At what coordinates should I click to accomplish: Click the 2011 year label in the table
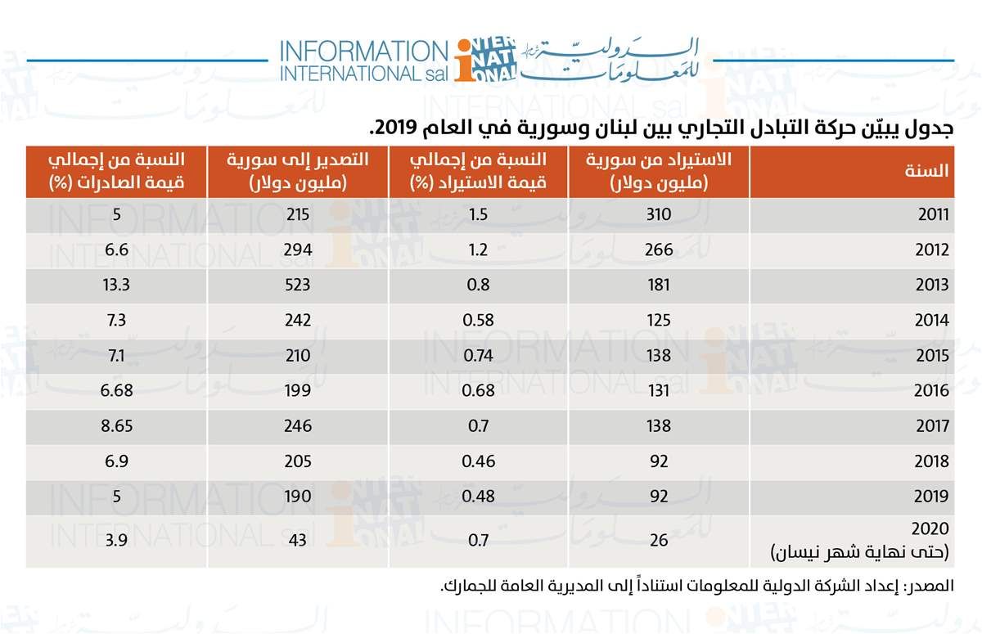click(x=932, y=216)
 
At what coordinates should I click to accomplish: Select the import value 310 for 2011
click(x=658, y=215)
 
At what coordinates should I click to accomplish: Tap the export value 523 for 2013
click(x=299, y=286)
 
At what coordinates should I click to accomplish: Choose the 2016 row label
click(x=932, y=391)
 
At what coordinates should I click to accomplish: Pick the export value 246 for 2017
click(x=299, y=426)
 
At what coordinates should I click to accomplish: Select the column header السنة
click(x=927, y=172)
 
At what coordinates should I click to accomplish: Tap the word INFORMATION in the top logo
click(x=360, y=51)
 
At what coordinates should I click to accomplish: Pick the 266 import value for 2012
click(x=658, y=250)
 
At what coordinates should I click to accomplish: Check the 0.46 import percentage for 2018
click(x=477, y=461)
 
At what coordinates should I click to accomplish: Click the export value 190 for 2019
click(x=299, y=497)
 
